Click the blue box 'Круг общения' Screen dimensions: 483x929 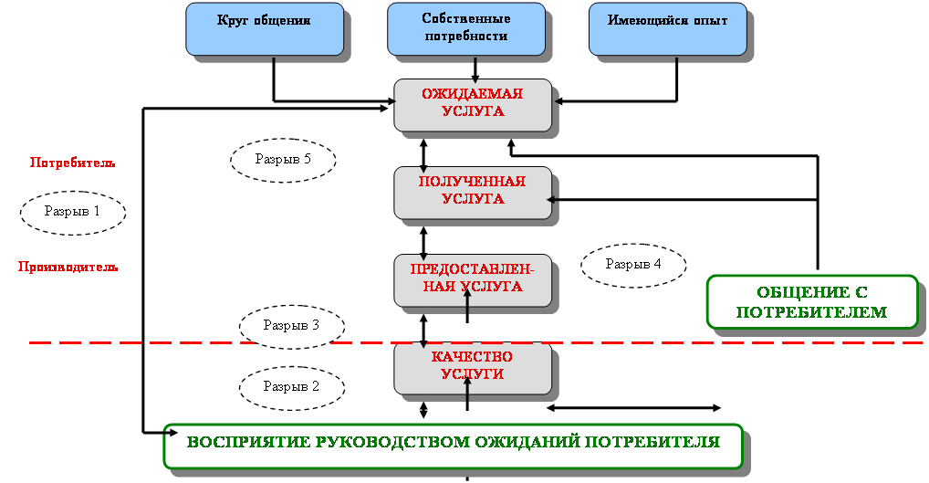pyautogui.click(x=265, y=28)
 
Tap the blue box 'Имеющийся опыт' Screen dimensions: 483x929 pyautogui.click(x=668, y=28)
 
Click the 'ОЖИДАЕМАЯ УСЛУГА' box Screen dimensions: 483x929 pyautogui.click(x=473, y=103)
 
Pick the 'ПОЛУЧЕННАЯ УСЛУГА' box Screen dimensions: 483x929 pyautogui.click(x=473, y=192)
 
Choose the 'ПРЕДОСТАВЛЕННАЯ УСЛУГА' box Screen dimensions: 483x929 pyautogui.click(x=473, y=279)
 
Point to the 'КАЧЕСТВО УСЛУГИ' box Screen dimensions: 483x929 pyautogui.click(x=473, y=366)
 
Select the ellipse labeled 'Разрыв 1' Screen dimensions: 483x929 pyautogui.click(x=72, y=211)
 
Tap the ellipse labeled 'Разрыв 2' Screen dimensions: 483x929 pyautogui.click(x=291, y=386)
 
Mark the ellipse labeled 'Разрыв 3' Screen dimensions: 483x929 pyautogui.click(x=291, y=325)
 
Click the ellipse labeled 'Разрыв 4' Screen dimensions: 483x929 pyautogui.click(x=633, y=265)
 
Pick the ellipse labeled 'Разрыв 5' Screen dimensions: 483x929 pyautogui.click(x=283, y=159)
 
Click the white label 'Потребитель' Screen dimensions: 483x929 pyautogui.click(x=72, y=164)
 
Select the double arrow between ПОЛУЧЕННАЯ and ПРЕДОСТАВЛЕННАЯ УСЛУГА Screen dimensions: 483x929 pyautogui.click(x=423, y=236)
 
